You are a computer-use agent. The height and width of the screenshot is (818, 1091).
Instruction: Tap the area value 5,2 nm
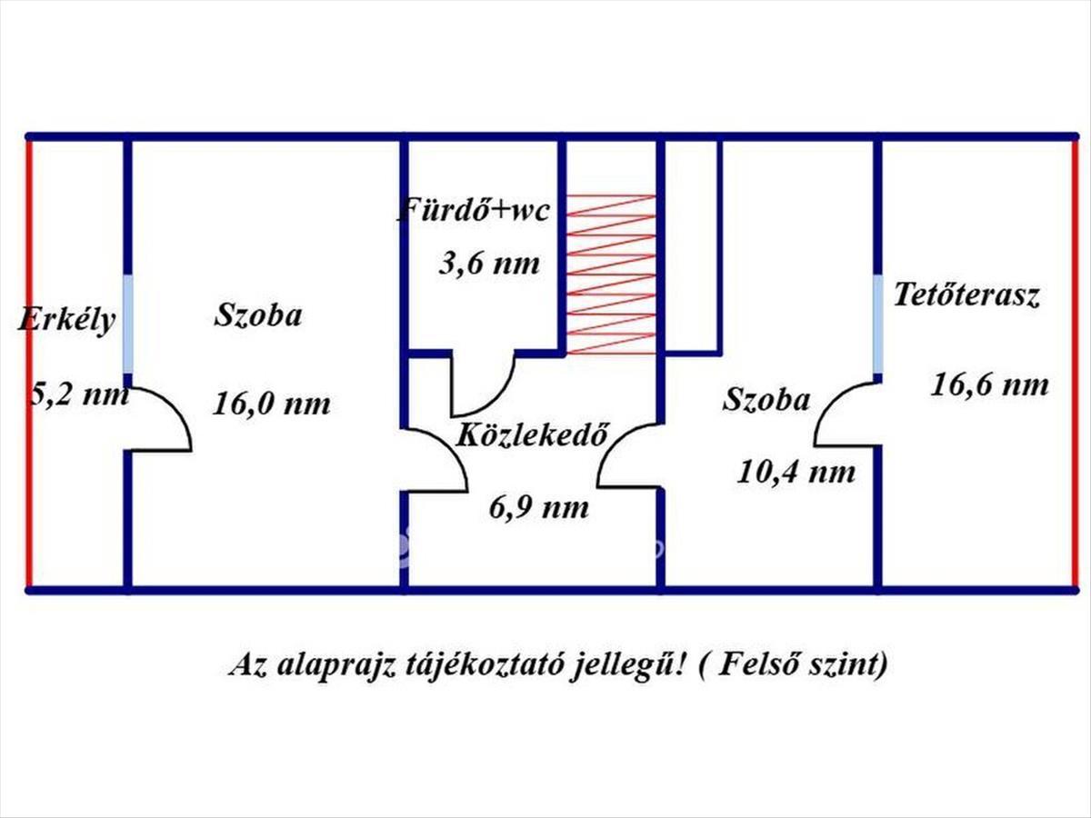78,397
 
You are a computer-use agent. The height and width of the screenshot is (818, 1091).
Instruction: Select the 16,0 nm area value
271,402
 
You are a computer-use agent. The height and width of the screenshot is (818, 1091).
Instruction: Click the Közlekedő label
531,434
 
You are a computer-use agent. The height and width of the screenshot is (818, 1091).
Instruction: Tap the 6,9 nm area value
539,506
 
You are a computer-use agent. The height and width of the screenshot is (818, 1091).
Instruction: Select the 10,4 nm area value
796,472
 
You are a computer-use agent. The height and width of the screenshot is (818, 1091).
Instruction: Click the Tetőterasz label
966,295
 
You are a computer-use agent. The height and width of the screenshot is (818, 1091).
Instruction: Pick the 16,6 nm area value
989,384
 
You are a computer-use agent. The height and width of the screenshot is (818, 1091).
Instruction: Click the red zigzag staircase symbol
611,274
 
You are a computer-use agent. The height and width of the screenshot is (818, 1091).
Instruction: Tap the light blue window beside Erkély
128,324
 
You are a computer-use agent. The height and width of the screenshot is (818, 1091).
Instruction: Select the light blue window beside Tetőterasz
878,324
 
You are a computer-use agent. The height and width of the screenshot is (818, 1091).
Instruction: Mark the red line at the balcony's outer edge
29,364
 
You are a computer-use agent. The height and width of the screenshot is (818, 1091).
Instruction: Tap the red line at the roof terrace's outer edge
1075,364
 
